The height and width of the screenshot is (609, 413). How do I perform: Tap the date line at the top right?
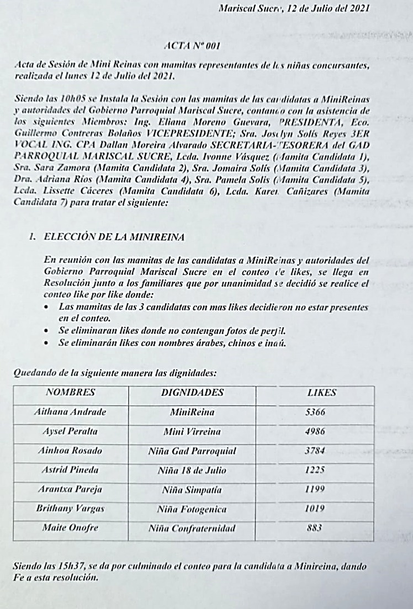tap(294, 8)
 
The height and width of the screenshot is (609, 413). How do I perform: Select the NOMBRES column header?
tap(70, 393)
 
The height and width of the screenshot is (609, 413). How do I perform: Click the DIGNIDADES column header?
tap(192, 393)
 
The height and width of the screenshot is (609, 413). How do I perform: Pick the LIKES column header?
tap(321, 393)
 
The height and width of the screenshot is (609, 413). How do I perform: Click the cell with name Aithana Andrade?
tap(70, 412)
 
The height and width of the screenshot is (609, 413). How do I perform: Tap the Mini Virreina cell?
tap(192, 432)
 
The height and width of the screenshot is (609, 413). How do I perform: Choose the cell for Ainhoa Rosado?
tap(70, 451)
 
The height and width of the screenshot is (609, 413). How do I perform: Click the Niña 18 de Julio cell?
tap(192, 470)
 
